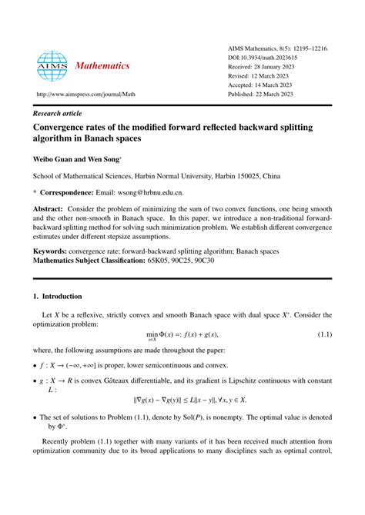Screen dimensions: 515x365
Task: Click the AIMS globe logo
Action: (x=52, y=66)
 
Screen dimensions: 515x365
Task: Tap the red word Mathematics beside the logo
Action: (x=102, y=66)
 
